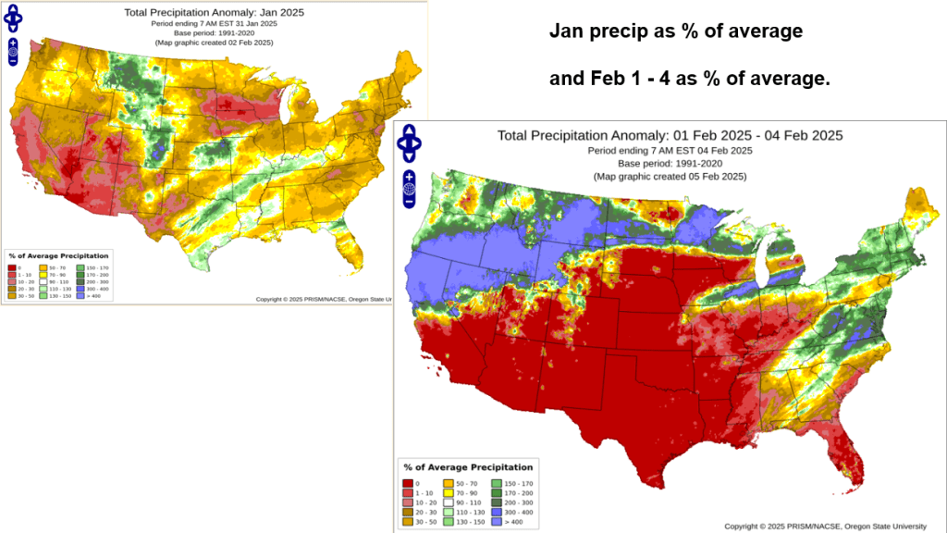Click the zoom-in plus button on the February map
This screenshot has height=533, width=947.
[409, 176]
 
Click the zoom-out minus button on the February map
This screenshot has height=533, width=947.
[409, 202]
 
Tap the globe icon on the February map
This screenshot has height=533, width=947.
[409, 189]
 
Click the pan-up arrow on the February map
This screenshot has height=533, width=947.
[409, 130]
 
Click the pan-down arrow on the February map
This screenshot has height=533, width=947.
[409, 156]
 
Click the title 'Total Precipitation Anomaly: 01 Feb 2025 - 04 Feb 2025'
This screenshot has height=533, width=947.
[670, 135]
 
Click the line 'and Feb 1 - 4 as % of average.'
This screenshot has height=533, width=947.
[689, 80]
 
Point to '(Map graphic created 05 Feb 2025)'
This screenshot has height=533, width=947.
[670, 176]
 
